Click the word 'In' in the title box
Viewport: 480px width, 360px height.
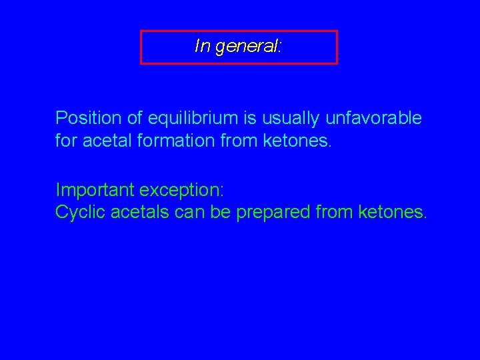(x=201, y=46)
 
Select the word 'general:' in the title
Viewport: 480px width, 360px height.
(x=248, y=47)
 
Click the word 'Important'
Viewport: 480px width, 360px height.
(x=95, y=190)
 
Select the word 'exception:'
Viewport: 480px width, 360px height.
(x=182, y=190)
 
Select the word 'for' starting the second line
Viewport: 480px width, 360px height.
(x=66, y=141)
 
